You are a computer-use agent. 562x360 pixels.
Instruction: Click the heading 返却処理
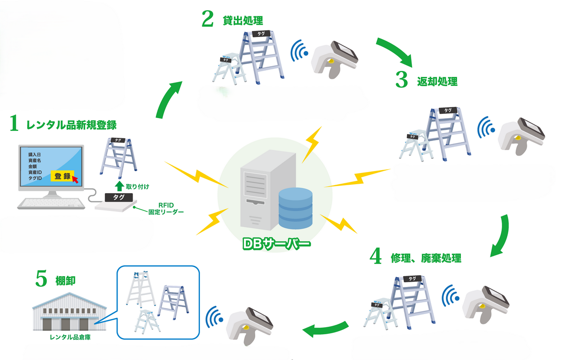click(x=437, y=81)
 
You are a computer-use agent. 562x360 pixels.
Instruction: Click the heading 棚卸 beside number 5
click(x=66, y=280)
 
